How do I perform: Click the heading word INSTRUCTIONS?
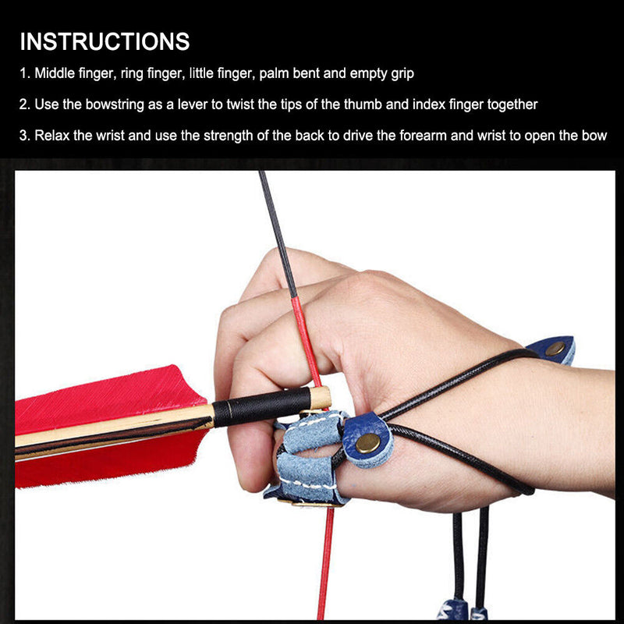(x=105, y=41)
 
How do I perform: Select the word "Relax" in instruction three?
(x=53, y=135)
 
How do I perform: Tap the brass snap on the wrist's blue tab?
(x=555, y=348)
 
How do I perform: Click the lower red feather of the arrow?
(x=101, y=460)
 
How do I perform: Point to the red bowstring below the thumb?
(x=327, y=562)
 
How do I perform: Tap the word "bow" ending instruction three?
(x=595, y=135)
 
